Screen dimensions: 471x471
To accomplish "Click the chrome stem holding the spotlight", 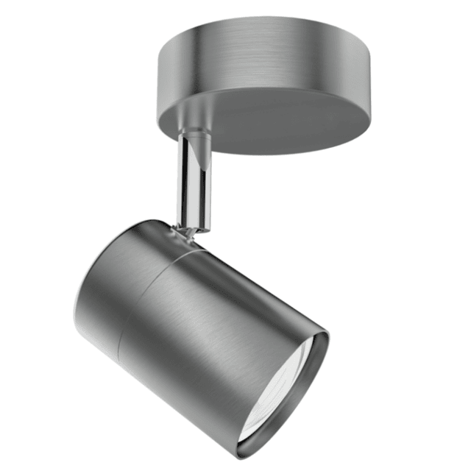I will click(x=193, y=184).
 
